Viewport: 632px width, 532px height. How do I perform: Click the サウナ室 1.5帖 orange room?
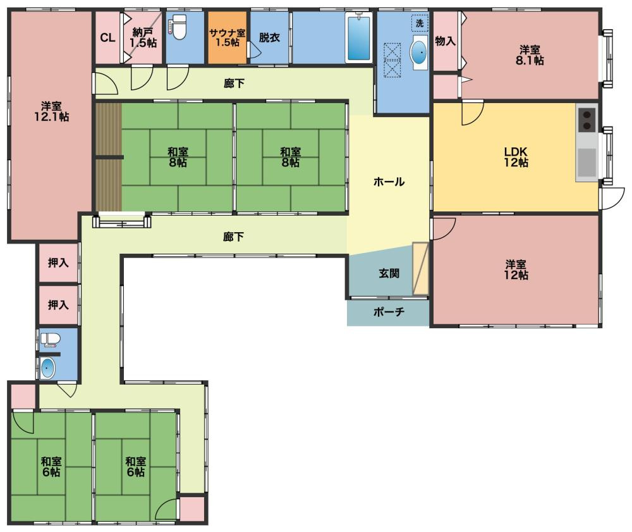coord(228,37)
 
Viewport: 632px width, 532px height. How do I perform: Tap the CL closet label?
coord(107,38)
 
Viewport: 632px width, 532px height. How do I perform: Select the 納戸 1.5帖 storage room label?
coord(143,37)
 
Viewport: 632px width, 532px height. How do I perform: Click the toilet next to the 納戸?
coord(178,27)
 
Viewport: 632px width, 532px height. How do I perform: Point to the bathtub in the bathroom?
coord(358,37)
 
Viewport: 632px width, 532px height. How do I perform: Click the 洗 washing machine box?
coord(420,23)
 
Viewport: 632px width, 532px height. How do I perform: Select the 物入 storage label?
coord(446,40)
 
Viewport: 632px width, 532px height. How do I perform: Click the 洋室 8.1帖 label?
coord(530,55)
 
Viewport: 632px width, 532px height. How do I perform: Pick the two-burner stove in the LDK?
coord(586,120)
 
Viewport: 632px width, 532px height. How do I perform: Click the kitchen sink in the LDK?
coord(587,163)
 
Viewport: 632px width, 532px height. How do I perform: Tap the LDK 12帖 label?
coord(516,157)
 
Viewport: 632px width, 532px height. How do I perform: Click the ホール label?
coord(389,182)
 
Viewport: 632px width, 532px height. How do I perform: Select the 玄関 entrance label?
coord(389,273)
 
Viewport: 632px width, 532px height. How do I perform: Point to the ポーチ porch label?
coord(389,312)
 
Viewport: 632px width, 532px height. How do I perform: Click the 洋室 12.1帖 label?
coord(51,112)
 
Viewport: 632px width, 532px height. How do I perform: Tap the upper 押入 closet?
coord(58,263)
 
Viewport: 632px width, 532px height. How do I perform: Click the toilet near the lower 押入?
coord(50,340)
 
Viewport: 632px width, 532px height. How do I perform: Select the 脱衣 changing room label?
coord(269,38)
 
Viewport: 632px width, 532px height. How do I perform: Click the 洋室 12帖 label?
coord(516,270)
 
